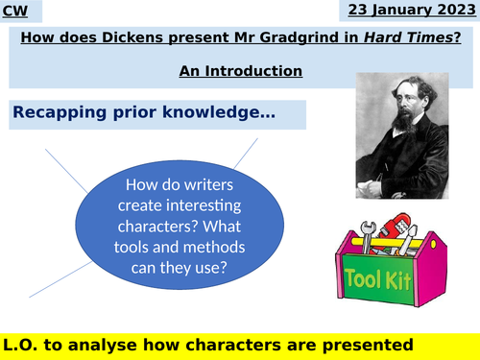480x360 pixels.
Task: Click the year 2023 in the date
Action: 455,12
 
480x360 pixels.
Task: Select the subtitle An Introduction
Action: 240,71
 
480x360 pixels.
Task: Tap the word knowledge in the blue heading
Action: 225,114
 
